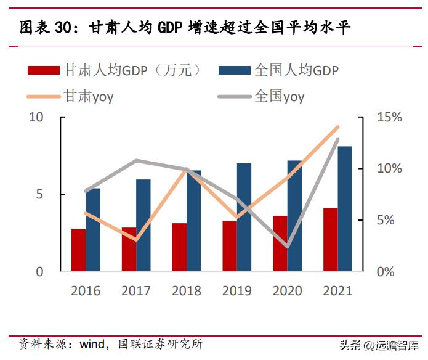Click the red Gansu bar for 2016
[x=78, y=250]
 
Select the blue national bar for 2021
[x=345, y=209]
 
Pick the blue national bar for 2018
[x=193, y=221]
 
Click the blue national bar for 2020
[x=295, y=216]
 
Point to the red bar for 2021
[x=331, y=240]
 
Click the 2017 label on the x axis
[x=136, y=290]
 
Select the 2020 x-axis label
[x=288, y=290]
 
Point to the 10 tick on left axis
[x=36, y=117]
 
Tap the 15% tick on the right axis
[x=390, y=117]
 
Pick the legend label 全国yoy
[x=279, y=96]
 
